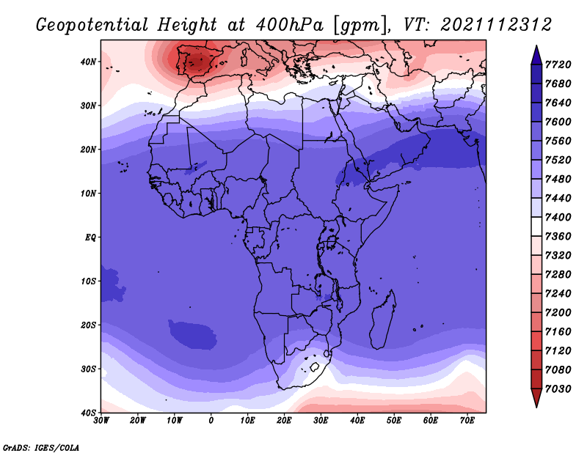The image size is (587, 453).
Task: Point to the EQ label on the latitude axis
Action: click(88, 237)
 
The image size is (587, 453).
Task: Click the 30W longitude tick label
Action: click(101, 421)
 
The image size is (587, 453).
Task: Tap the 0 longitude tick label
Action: click(211, 421)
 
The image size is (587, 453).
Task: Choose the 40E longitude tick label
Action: click(358, 421)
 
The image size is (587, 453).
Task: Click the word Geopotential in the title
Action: click(96, 24)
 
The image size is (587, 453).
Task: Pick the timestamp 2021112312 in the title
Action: click(496, 24)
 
